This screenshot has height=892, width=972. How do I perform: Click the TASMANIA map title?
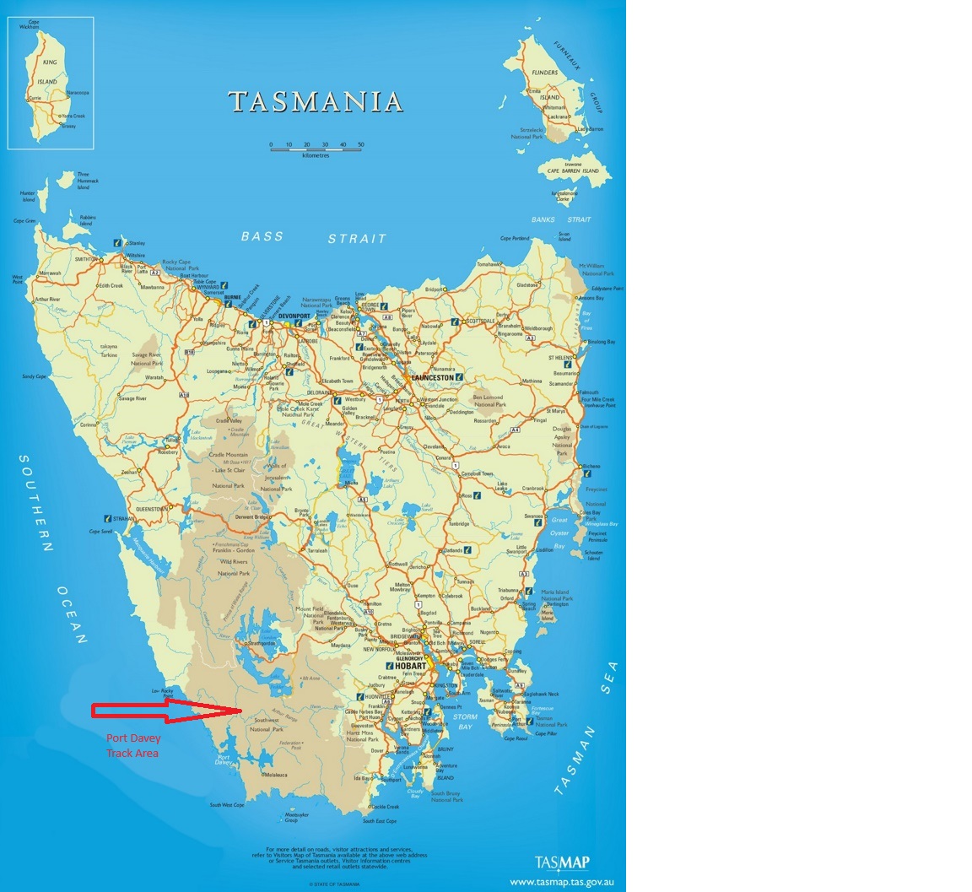(316, 102)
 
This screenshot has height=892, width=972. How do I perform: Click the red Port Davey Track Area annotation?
(132, 745)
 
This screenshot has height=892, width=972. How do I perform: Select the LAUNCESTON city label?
(432, 377)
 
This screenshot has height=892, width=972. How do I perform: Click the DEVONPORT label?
(294, 316)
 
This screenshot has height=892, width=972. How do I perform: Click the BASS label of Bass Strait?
(262, 236)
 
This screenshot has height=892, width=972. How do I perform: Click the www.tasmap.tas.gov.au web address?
(567, 882)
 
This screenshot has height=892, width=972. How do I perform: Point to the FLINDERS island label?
(544, 73)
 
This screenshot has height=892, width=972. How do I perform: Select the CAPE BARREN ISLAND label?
(573, 170)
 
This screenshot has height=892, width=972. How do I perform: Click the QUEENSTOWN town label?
(152, 509)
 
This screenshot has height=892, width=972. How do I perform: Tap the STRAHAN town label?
(124, 518)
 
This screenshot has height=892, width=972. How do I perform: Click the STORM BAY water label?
(465, 722)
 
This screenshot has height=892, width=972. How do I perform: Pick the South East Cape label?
(380, 820)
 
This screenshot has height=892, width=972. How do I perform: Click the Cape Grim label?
(24, 221)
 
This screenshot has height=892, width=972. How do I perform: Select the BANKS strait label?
(543, 219)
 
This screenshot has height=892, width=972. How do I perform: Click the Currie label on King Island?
(35, 98)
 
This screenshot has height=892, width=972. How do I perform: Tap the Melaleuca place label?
(273, 774)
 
